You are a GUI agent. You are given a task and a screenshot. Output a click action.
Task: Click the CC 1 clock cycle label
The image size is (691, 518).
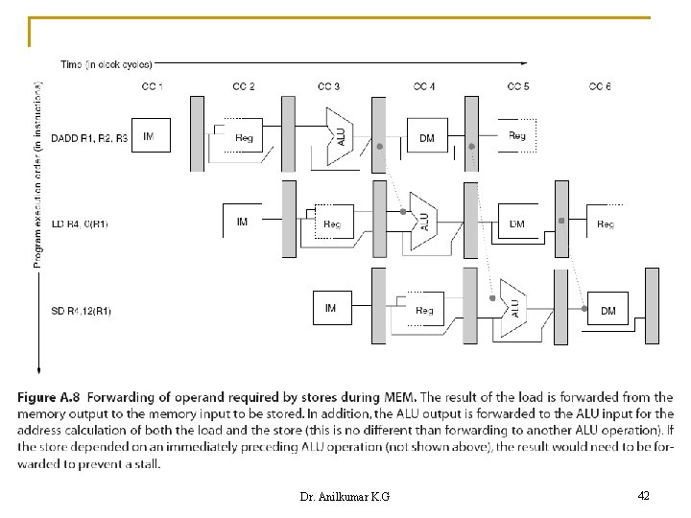tap(152, 87)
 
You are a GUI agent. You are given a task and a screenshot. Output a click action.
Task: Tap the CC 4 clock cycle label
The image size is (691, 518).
tap(424, 87)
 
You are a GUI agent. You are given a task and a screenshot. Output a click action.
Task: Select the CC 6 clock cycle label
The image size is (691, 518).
tap(600, 87)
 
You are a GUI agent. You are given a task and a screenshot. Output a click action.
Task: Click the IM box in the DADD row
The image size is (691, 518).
tap(148, 136)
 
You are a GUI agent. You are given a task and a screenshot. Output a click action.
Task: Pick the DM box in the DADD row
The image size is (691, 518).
tap(427, 137)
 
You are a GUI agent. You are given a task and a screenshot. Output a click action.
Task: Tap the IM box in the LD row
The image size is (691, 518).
tap(242, 223)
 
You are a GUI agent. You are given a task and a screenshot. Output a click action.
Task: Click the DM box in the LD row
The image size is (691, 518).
tap(517, 224)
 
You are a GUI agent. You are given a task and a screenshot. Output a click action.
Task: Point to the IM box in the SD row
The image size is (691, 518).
tap(331, 308)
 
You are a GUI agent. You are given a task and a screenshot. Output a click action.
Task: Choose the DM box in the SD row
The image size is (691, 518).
tap(608, 309)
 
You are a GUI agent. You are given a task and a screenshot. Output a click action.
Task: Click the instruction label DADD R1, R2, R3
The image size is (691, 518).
tap(88, 137)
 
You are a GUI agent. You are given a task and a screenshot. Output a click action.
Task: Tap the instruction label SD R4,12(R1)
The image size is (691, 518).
tap(81, 310)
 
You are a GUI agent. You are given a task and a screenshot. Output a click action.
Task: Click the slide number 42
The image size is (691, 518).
tap(643, 495)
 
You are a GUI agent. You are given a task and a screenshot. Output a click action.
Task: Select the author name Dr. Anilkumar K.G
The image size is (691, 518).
tap(344, 496)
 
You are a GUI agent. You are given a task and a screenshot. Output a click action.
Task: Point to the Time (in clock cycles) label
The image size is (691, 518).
tap(106, 65)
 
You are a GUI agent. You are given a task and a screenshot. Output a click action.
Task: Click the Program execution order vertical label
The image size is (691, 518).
tap(38, 173)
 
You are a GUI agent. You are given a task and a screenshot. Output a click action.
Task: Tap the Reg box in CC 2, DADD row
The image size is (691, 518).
tap(243, 137)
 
